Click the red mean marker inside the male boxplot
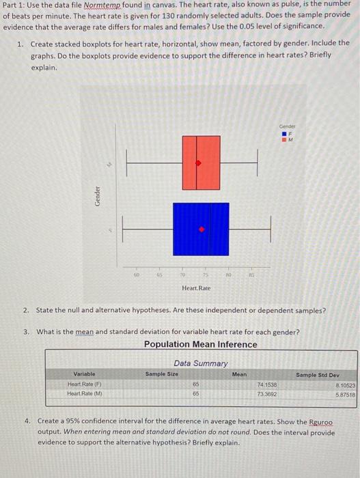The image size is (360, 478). click(199, 163)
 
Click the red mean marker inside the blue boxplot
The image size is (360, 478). click(202, 230)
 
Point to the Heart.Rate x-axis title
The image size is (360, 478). click(197, 288)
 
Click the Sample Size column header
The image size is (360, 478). click(162, 374)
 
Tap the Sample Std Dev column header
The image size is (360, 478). click(317, 374)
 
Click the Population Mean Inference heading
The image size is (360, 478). click(201, 344)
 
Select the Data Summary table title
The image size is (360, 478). click(201, 363)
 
